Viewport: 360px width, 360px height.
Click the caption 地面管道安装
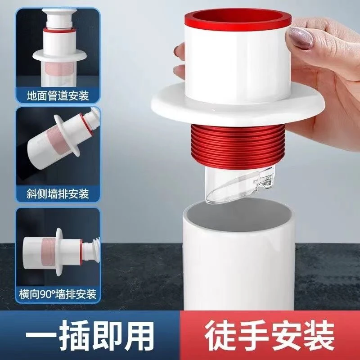click(58, 96)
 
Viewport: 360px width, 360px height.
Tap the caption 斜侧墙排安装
click(58, 194)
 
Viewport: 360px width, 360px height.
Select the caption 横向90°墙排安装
click(58, 295)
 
